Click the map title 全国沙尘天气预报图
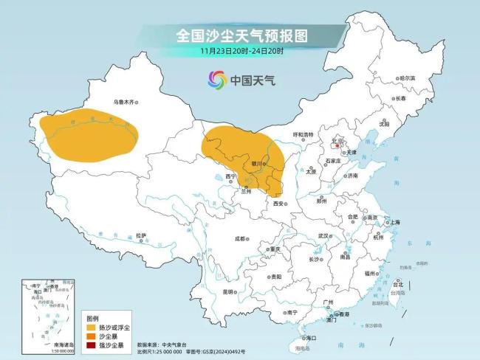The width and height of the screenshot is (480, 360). (x=241, y=35)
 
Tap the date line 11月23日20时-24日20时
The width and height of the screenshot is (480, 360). (x=241, y=51)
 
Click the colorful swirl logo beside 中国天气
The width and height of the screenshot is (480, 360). (x=216, y=79)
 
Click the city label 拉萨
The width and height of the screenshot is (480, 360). (x=140, y=235)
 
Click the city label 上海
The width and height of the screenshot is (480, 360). (x=395, y=222)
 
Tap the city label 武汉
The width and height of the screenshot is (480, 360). (x=323, y=235)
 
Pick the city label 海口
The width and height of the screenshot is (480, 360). (x=310, y=337)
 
